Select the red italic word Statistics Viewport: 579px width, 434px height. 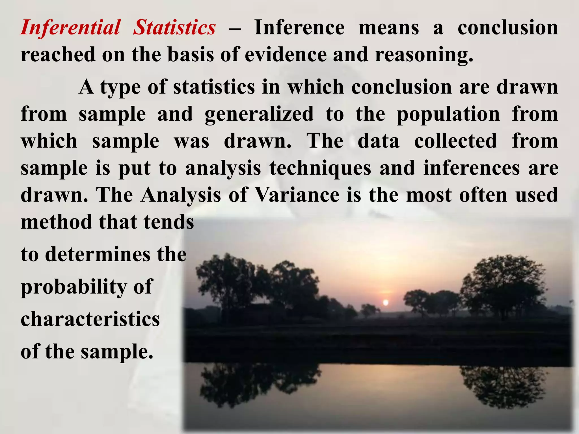click(x=174, y=28)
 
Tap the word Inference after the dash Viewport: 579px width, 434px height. click(x=299, y=28)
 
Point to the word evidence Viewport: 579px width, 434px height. click(x=286, y=55)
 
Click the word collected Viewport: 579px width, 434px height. click(x=455, y=141)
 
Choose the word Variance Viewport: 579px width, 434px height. click(x=297, y=195)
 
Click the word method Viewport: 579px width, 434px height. click(x=57, y=222)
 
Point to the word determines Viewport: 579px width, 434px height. click(x=98, y=254)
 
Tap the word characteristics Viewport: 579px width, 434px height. click(x=90, y=319)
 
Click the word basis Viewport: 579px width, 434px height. click(x=191, y=55)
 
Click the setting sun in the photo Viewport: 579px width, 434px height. click(x=385, y=303)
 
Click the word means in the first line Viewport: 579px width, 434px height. click(x=389, y=28)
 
